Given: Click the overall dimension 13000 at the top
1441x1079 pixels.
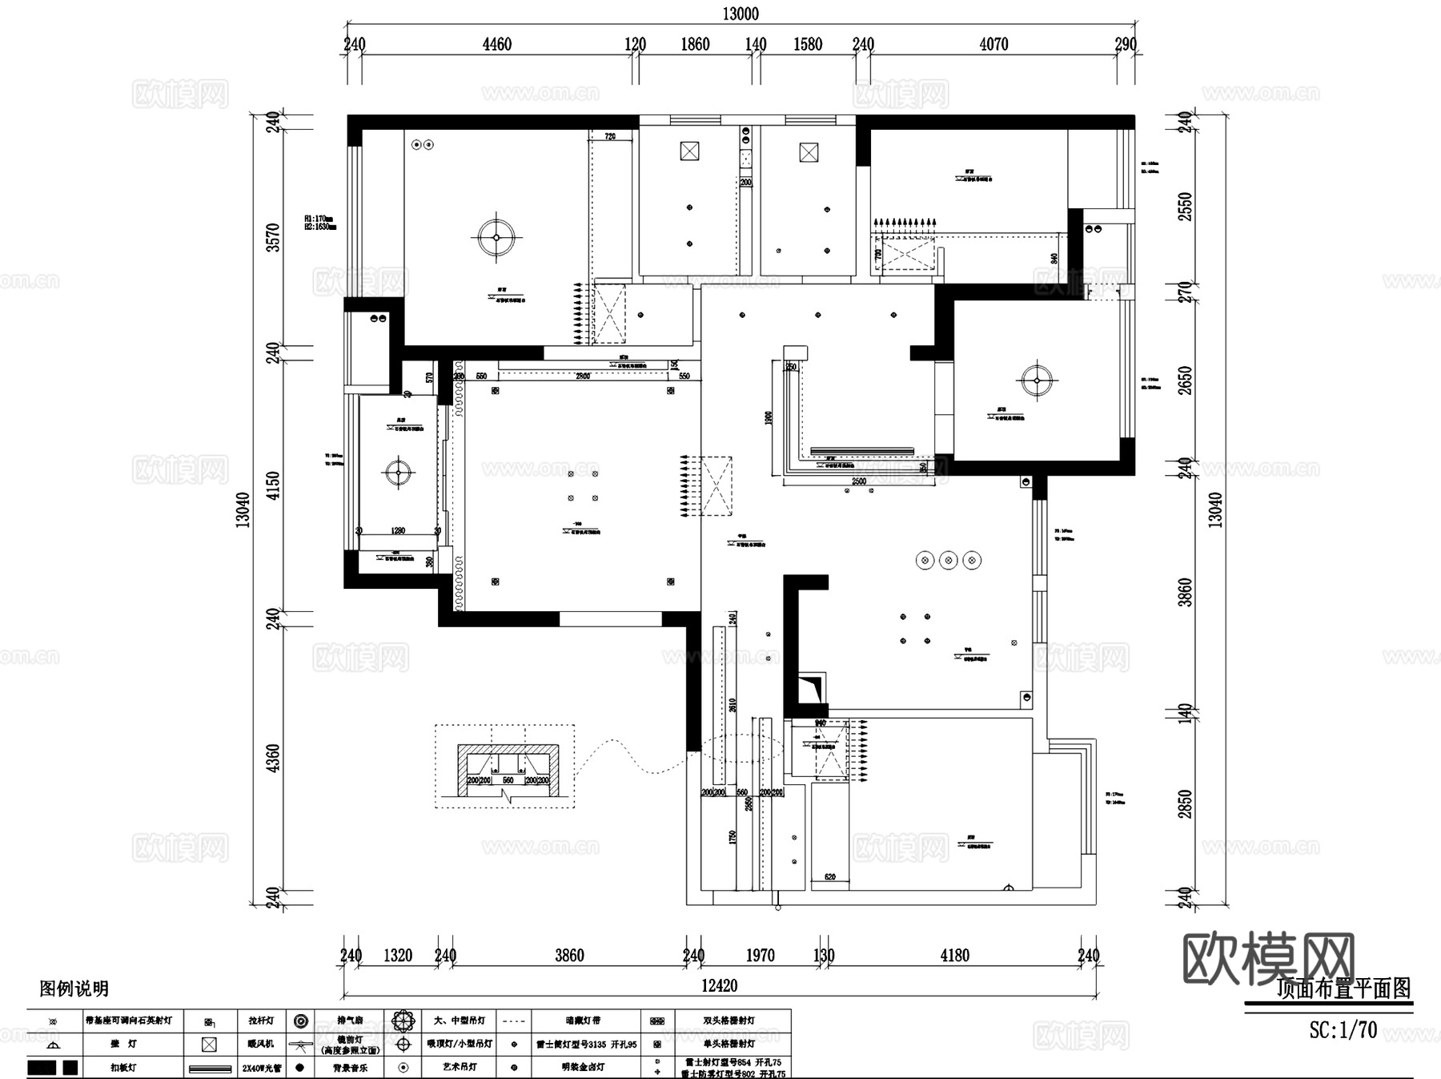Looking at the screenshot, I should pyautogui.click(x=740, y=14).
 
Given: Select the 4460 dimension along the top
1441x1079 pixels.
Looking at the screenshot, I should pyautogui.click(x=496, y=44).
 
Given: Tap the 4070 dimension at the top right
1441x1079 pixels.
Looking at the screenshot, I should pyautogui.click(x=993, y=44).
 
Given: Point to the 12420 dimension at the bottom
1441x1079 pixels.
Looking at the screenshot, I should pyautogui.click(x=719, y=985).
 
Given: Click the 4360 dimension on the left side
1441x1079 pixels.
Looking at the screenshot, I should pyautogui.click(x=273, y=758).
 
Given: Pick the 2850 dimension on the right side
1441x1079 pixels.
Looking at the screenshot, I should pyautogui.click(x=1186, y=803).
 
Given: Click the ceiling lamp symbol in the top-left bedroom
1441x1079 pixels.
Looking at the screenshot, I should pyautogui.click(x=496, y=237).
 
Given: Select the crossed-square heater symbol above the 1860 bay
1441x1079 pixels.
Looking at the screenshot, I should pyautogui.click(x=689, y=151).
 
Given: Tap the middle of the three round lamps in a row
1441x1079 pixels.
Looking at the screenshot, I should pyautogui.click(x=949, y=560).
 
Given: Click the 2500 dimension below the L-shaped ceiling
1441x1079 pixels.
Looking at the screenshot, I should pyautogui.click(x=858, y=481).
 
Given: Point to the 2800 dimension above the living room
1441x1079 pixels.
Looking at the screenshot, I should pyautogui.click(x=583, y=376).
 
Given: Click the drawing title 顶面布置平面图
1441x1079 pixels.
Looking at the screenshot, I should pyautogui.click(x=1343, y=989).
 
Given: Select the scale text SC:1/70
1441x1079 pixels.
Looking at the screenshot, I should pyautogui.click(x=1343, y=1029).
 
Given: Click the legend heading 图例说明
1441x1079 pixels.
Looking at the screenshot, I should pyautogui.click(x=74, y=989).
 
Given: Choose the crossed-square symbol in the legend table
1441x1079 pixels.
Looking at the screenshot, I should pyautogui.click(x=209, y=1045).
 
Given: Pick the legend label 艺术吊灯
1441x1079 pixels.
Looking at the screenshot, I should pyautogui.click(x=461, y=1068).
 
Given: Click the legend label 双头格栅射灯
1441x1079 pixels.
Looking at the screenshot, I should pyautogui.click(x=729, y=1021).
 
